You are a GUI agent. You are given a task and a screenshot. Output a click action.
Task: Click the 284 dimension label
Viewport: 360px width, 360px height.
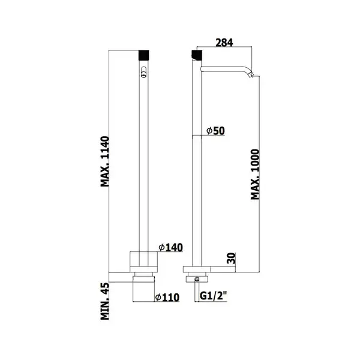(x=224, y=43)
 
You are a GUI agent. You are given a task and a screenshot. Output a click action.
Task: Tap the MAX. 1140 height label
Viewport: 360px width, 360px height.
(x=105, y=161)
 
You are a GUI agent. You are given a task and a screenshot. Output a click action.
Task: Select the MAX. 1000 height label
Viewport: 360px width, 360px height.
(x=255, y=174)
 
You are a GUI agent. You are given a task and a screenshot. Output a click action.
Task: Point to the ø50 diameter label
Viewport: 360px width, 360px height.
(x=215, y=131)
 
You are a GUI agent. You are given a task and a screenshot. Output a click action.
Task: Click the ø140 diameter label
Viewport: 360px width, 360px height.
(x=170, y=247)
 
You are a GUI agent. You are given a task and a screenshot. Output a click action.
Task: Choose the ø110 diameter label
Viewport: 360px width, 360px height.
(x=167, y=298)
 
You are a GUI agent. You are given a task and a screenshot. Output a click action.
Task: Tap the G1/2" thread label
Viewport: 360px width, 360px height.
(x=213, y=296)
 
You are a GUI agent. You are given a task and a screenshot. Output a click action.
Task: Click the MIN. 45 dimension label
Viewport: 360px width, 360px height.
(x=105, y=301)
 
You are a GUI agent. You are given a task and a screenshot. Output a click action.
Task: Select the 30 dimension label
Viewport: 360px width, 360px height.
(x=232, y=258)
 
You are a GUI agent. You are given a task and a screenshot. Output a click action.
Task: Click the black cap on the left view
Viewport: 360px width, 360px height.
(x=144, y=55)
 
